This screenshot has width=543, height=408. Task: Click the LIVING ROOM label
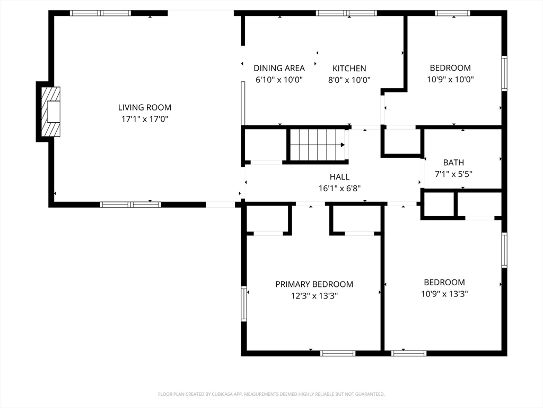click(x=145, y=107)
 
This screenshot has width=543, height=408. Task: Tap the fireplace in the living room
click(x=50, y=112)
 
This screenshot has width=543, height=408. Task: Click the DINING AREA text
click(x=279, y=68)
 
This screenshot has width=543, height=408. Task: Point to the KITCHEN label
click(x=349, y=69)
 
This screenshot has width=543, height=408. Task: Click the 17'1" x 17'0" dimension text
click(x=145, y=119)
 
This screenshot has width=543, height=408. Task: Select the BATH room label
click(x=454, y=163)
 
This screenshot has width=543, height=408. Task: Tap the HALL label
click(x=339, y=177)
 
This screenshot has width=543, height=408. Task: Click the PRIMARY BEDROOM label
click(x=314, y=284)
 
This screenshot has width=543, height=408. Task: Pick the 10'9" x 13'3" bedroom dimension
click(x=444, y=294)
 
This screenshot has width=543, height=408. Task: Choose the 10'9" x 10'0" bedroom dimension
click(x=450, y=80)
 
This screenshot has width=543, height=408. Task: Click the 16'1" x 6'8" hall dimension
click(x=339, y=189)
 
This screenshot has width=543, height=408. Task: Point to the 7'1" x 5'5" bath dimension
click(x=454, y=174)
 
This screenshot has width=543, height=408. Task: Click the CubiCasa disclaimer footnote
click(x=271, y=394)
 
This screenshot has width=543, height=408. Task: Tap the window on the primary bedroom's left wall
click(x=244, y=304)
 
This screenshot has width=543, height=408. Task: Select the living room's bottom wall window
click(x=130, y=205)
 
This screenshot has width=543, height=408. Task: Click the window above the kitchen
click(x=346, y=13)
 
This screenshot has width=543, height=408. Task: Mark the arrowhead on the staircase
click(x=343, y=145)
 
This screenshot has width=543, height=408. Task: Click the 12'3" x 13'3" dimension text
click(x=314, y=296)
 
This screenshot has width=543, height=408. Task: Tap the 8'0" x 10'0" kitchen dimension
click(x=349, y=80)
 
